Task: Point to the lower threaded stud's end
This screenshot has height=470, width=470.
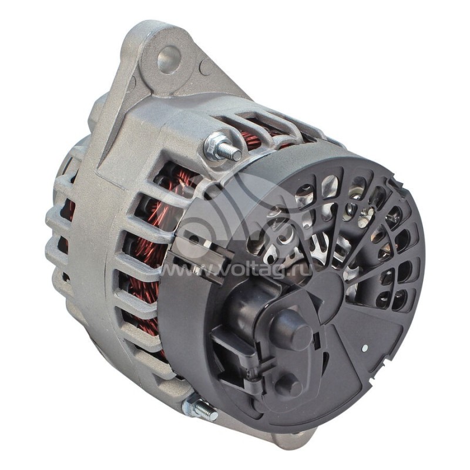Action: click(214, 415)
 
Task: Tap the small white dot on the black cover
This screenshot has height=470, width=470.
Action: click(364, 348)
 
